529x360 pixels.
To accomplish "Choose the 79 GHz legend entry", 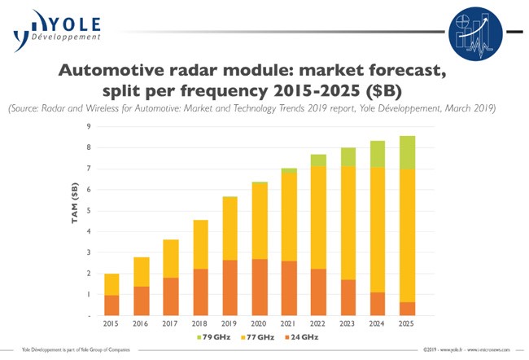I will (x=215, y=336).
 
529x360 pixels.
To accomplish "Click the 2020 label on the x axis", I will (x=260, y=323).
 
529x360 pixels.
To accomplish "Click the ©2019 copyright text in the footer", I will (x=431, y=350).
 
